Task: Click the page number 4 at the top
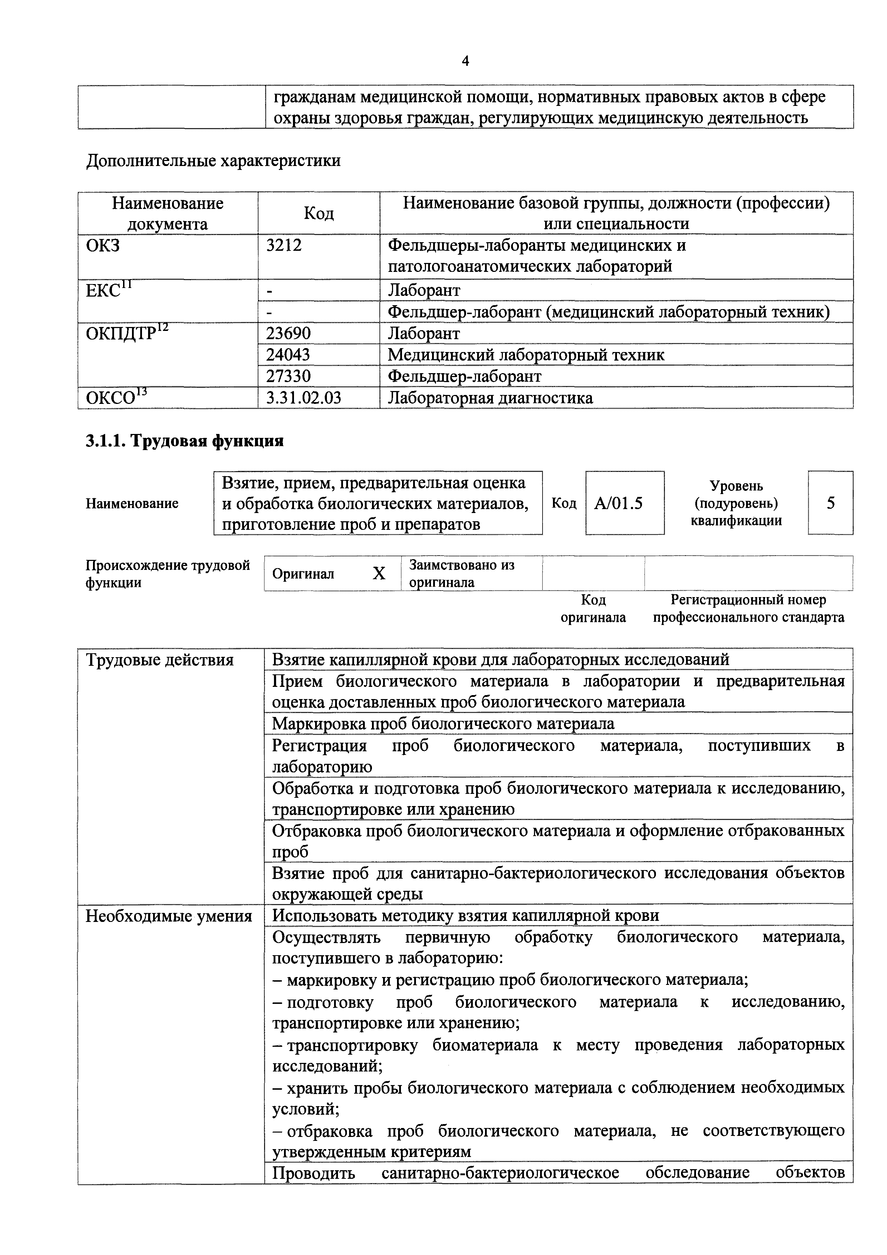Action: click(465, 61)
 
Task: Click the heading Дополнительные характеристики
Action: click(213, 161)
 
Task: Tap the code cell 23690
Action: click(288, 333)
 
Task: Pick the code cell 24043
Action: click(288, 355)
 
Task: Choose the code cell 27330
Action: click(288, 376)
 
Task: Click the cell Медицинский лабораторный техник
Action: click(526, 355)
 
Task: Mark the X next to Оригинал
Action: click(379, 573)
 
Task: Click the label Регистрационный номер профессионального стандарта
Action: click(748, 609)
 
